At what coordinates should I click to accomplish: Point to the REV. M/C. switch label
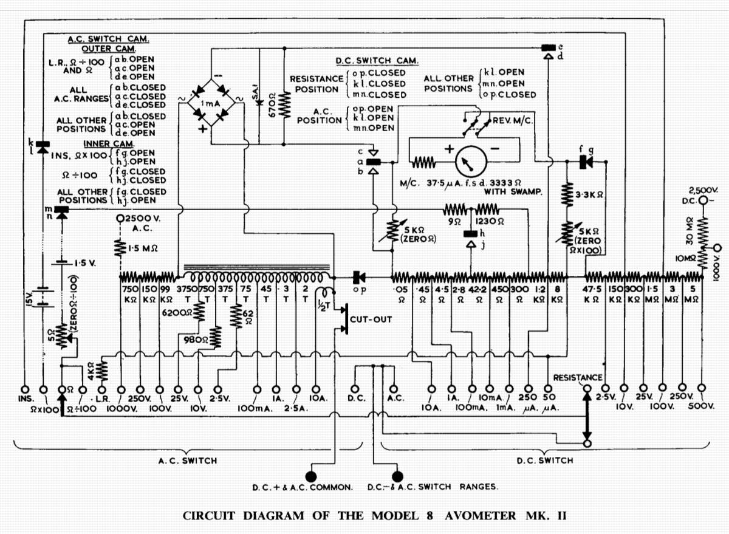point(513,120)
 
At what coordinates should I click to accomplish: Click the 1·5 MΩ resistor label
point(143,248)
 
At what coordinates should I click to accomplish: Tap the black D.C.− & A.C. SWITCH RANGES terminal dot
point(398,476)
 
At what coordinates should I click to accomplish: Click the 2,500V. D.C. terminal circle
point(703,200)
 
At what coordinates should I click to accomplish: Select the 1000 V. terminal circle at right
point(718,248)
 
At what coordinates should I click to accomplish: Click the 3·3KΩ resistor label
point(590,196)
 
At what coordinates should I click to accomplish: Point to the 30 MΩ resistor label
point(690,230)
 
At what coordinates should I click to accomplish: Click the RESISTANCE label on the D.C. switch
point(578,377)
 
